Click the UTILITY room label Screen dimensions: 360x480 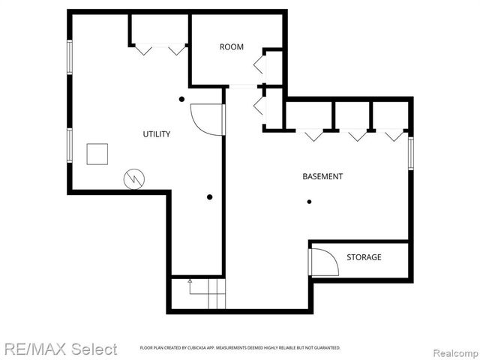(157, 134)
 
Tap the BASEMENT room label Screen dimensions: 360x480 (322, 177)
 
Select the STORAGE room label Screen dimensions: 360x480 (364, 257)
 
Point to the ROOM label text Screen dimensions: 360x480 (232, 46)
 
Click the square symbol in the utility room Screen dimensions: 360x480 (97, 153)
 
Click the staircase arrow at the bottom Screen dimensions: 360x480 (190, 285)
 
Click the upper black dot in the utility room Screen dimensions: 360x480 (181, 99)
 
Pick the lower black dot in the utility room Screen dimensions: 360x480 (209, 197)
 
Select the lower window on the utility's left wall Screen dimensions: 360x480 (70, 145)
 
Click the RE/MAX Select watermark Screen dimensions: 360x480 (59, 349)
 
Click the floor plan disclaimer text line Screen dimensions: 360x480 (240, 348)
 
